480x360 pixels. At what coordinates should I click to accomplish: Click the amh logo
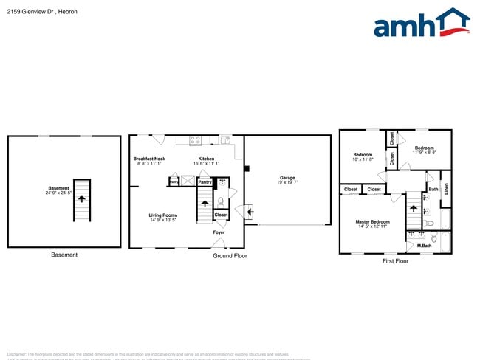pos(422,24)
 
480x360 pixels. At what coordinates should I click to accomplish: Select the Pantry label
pos(205,181)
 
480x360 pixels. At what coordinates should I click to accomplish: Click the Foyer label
pos(219,232)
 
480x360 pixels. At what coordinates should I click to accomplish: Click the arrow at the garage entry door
pos(249,214)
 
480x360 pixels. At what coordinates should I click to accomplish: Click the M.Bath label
pos(423,246)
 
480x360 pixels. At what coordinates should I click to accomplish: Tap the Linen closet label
pos(446,188)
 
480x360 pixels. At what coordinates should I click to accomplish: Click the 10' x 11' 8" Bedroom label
pos(363,155)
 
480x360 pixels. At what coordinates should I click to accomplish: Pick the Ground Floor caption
pos(230,256)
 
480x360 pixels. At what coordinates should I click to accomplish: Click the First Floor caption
pos(395,261)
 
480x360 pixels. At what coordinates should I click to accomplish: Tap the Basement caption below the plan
pos(64,255)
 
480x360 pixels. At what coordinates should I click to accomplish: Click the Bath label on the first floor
pos(433,190)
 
